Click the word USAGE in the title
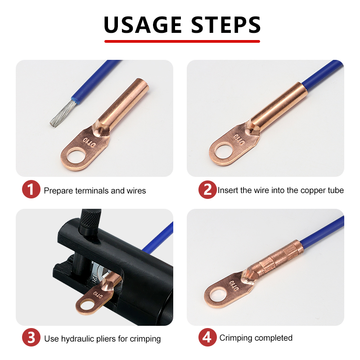click(143, 25)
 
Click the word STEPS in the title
click(226, 25)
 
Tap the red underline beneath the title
click(182, 41)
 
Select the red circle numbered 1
click(31, 189)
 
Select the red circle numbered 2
click(207, 189)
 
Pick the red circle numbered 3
click(31, 337)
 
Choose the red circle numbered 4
click(207, 337)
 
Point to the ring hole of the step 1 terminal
click(76, 156)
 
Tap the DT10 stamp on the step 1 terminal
click(89, 142)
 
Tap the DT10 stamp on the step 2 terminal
click(239, 139)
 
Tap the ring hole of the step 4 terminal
click(219, 295)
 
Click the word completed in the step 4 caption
click(274, 338)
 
